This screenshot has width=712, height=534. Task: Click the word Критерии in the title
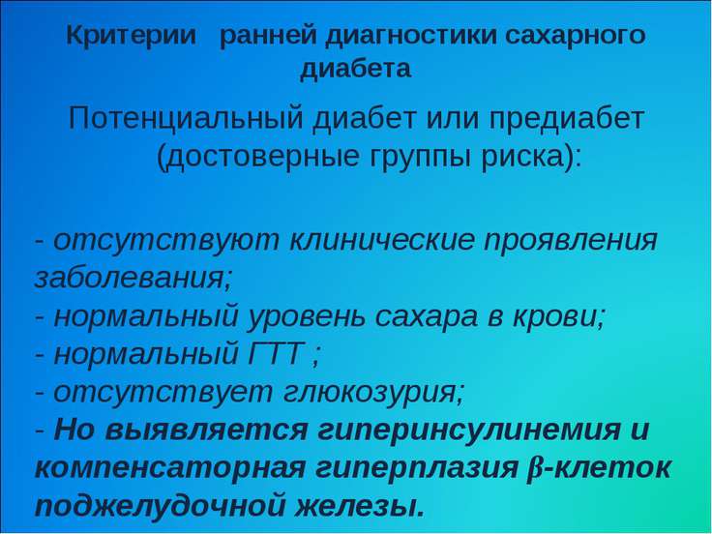pos(131,36)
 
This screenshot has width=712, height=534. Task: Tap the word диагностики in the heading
pos(411,37)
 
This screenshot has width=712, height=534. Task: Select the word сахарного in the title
pos(575,37)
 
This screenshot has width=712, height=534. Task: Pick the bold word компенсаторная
pos(170,468)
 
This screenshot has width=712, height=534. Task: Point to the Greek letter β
pos(532,467)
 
